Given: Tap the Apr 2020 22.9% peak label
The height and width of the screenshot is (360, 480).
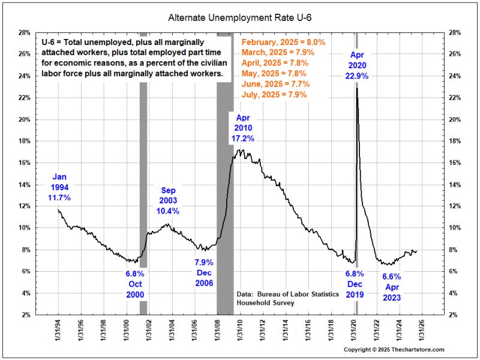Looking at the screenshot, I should [x=358, y=66].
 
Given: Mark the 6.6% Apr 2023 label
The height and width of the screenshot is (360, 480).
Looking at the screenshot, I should [x=391, y=287].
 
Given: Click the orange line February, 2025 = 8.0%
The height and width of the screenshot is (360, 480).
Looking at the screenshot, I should [x=283, y=43].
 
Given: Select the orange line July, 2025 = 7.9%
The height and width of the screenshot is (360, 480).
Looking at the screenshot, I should [x=274, y=94].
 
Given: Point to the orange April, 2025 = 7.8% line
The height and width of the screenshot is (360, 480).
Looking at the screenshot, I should [x=275, y=63].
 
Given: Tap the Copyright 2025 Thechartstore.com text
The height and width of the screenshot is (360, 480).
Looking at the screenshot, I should [x=394, y=350].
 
